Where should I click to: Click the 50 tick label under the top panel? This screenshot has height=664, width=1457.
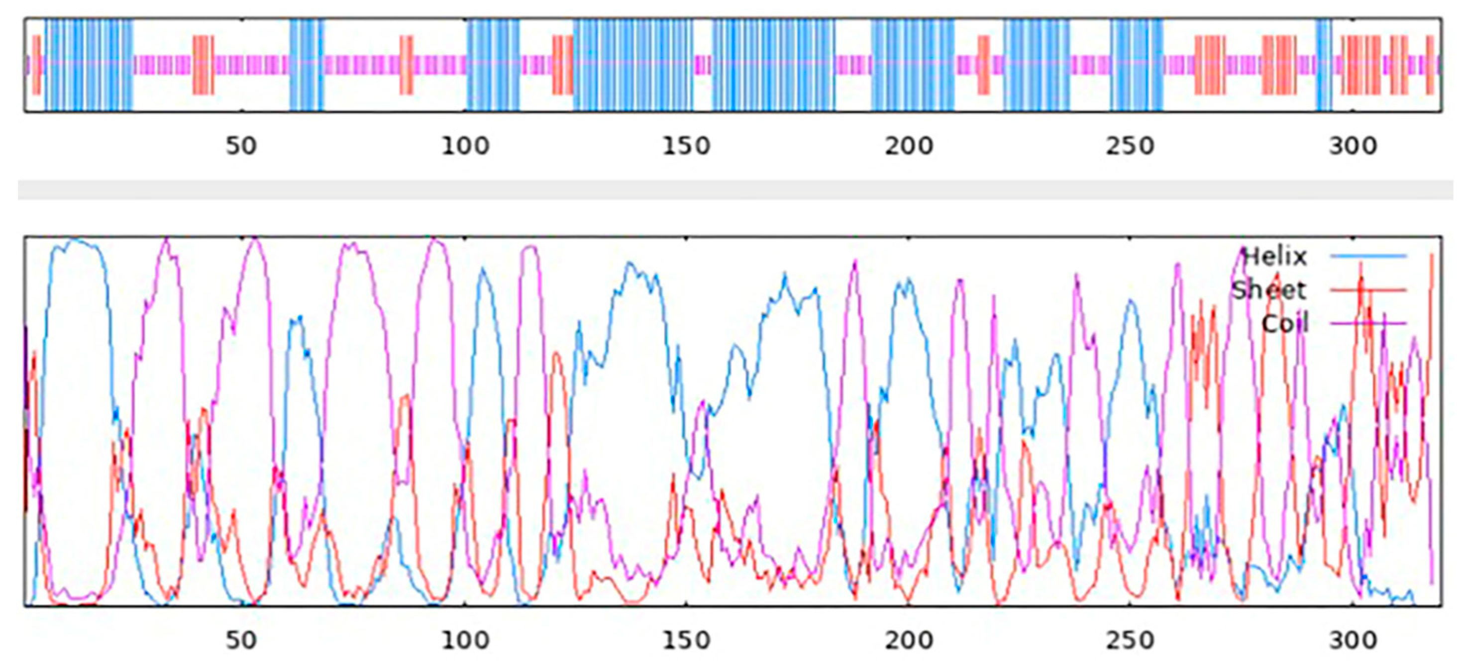coord(241,146)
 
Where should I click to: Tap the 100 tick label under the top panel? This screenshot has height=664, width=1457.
coord(465,146)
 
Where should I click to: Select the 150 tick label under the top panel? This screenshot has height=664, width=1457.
coord(686,146)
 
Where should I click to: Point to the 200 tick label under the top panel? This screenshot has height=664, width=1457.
coord(908,146)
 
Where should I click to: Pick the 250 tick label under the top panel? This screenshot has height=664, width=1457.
coord(1130,146)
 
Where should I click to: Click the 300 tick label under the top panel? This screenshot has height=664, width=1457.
coord(1353,146)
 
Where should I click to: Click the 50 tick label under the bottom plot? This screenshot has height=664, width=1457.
coord(241,640)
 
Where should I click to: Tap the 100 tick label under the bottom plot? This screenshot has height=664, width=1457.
coord(465,640)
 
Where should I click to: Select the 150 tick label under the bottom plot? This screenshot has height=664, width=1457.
coord(686,640)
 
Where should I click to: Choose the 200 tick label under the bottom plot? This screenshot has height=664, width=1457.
coord(908,640)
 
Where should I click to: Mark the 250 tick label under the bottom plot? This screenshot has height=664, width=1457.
coord(1130,640)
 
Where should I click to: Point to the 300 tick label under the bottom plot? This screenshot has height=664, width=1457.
coord(1353,640)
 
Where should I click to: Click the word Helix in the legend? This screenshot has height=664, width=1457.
coord(1275,257)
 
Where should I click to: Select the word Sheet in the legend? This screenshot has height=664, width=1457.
coord(1269,290)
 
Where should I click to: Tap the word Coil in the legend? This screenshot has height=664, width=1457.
coord(1285,324)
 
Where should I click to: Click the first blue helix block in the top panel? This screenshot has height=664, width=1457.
coord(89,65)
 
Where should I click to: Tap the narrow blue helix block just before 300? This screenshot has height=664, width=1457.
coord(1324,65)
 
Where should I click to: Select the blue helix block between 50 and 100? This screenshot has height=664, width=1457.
coord(307,65)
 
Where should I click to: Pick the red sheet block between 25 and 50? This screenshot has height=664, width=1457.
coord(203,65)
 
